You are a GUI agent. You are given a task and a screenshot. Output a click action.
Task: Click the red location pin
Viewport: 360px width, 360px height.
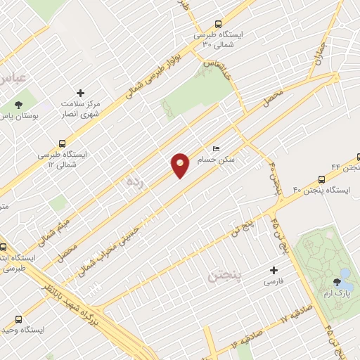181,165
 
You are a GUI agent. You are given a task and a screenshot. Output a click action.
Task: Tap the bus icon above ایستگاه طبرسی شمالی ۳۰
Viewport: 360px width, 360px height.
219,22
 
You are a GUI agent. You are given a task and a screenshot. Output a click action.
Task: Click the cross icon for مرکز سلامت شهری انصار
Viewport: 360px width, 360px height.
81,93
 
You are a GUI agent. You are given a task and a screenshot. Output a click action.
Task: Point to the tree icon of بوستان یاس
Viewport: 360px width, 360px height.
19,105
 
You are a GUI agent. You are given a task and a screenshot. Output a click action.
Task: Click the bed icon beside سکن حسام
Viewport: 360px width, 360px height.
216,150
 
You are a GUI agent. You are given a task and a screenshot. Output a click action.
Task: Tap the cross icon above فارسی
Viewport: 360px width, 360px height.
274,270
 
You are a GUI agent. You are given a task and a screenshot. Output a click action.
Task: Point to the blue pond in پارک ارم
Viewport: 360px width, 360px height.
345,274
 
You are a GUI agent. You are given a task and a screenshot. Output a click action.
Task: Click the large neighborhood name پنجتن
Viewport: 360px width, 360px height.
226,276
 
